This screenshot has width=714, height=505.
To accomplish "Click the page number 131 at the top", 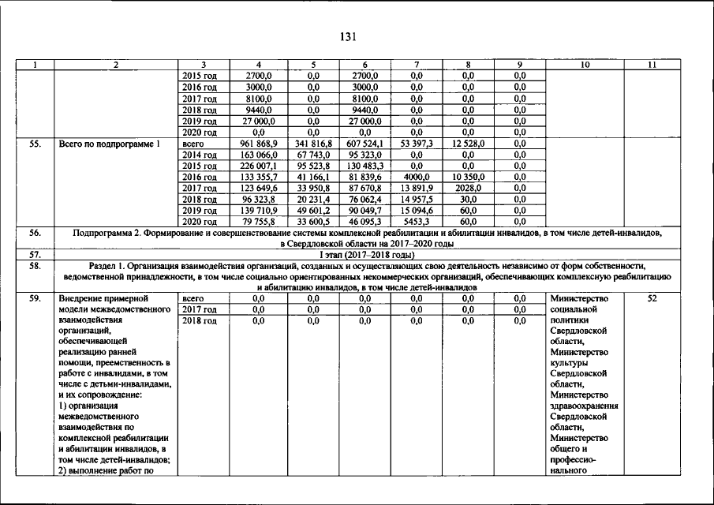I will coord(356,36).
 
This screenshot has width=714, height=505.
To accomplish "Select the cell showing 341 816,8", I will coord(312,144).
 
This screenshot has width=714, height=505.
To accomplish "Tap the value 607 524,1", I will coord(364,144).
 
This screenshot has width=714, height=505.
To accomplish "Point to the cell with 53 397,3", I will coord(417,144).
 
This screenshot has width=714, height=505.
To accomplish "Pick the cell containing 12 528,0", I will coord(468,144).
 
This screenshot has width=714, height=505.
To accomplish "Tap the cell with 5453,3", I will coord(417,223).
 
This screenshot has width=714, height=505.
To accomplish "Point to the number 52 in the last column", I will coord(651,299).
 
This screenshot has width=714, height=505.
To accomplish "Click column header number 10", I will coord(584,65).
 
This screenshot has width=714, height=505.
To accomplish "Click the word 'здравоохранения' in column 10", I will coord(584,406).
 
